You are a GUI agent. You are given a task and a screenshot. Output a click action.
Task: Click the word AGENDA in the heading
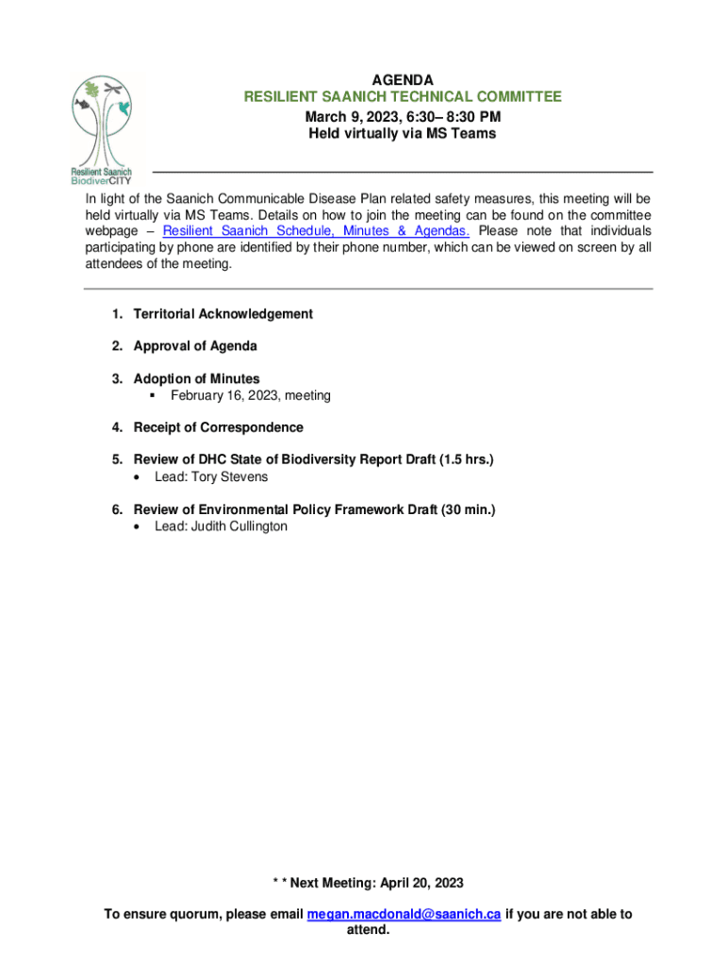click(403, 80)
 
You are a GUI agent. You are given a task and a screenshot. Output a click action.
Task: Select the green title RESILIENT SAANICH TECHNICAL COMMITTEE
click(403, 97)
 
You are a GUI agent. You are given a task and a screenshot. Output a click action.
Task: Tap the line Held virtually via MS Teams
click(403, 134)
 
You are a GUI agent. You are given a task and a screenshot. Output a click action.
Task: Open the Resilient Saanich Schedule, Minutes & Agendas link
click(316, 231)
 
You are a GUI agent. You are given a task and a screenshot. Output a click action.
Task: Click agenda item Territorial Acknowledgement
click(223, 314)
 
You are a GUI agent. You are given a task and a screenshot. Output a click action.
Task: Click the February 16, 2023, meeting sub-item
click(250, 396)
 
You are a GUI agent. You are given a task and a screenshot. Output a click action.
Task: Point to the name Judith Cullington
click(239, 526)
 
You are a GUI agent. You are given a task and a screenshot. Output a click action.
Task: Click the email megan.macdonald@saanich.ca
click(404, 914)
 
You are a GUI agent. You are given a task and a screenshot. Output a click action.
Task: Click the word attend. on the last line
click(363, 930)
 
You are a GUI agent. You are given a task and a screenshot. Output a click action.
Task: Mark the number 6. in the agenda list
click(118, 510)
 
